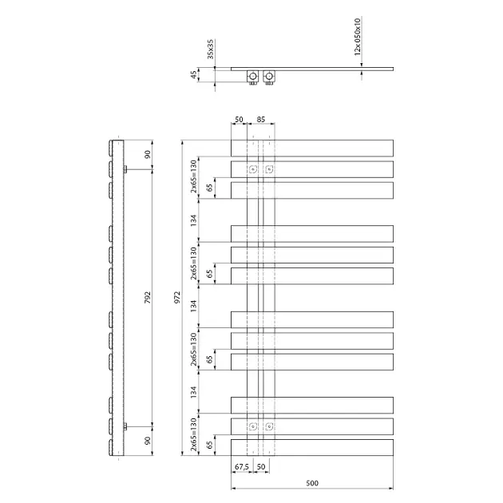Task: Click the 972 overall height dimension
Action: coord(177,298)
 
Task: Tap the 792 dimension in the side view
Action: coord(147,298)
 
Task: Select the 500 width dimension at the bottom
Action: coord(312,483)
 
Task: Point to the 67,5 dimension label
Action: coord(242,467)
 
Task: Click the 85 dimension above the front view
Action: coord(261,119)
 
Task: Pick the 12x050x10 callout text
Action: coord(358,37)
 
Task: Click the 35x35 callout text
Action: coord(210,50)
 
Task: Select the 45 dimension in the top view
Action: coord(193,75)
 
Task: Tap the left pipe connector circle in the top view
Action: coord(253,77)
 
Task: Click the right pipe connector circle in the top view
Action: coord(269,77)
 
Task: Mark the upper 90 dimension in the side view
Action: coord(147,155)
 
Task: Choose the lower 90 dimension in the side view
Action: coord(147,441)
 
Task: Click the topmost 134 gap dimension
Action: coord(193,220)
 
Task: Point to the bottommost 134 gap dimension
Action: coord(193,392)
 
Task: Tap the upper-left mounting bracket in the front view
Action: coord(253,169)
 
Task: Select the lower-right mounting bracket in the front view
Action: coord(269,426)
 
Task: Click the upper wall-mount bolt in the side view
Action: coord(125,169)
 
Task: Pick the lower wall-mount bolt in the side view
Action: coord(125,426)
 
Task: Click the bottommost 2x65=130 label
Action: coord(193,434)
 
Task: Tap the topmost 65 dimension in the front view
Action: coord(209,188)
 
